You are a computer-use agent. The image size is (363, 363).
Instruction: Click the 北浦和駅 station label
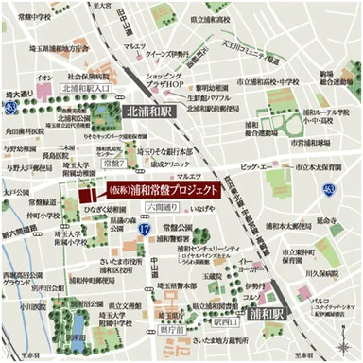point(147,110)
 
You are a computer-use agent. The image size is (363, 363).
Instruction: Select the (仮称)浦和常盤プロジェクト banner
point(168,189)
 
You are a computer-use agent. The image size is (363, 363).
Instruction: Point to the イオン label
point(44,76)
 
